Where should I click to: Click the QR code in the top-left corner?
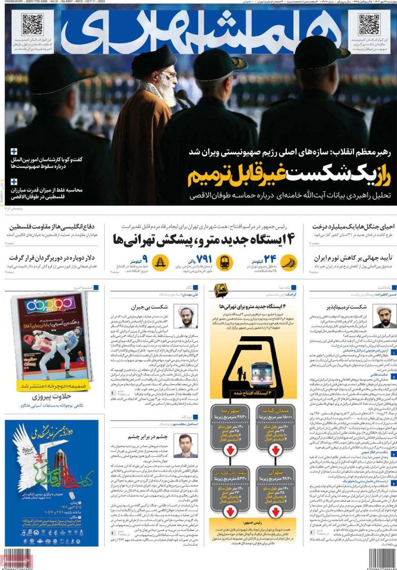click(32, 24)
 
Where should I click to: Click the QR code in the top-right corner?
click(369, 24)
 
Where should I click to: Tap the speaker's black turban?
click(154, 56)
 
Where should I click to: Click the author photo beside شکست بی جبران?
click(187, 316)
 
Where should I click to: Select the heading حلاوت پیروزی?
click(51, 397)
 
